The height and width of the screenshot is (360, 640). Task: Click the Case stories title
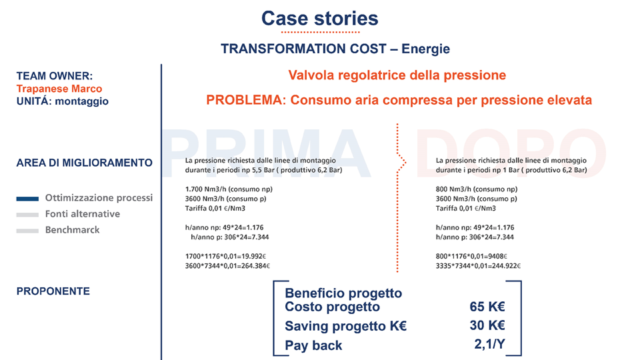pyautogui.click(x=319, y=18)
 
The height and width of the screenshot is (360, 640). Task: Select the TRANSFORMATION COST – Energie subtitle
pyautogui.click(x=335, y=49)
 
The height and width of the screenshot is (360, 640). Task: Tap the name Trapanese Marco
pyautogui.click(x=59, y=89)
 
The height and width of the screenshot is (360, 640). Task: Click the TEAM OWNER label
pyautogui.click(x=55, y=76)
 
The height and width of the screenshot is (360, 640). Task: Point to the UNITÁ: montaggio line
pyautogui.click(x=62, y=101)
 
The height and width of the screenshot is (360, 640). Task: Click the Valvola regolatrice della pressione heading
pyautogui.click(x=397, y=75)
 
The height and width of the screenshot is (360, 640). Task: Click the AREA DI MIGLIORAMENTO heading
pyautogui.click(x=84, y=163)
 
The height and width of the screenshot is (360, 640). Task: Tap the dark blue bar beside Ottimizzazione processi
pyautogui.click(x=27, y=199)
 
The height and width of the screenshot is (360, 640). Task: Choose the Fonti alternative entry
pyautogui.click(x=83, y=214)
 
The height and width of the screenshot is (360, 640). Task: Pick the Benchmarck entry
pyautogui.click(x=73, y=230)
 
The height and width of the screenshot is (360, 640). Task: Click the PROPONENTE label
pyautogui.click(x=53, y=291)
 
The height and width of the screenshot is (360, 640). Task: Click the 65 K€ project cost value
pyautogui.click(x=487, y=307)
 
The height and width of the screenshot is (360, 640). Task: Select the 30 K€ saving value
pyautogui.click(x=487, y=326)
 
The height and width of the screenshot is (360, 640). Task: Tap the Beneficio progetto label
pyautogui.click(x=343, y=293)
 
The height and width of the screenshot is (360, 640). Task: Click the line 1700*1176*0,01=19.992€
pyautogui.click(x=226, y=256)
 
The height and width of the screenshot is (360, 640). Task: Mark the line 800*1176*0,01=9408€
pyautogui.click(x=471, y=256)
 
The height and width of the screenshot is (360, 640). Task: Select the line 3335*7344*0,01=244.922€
pyautogui.click(x=478, y=266)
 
